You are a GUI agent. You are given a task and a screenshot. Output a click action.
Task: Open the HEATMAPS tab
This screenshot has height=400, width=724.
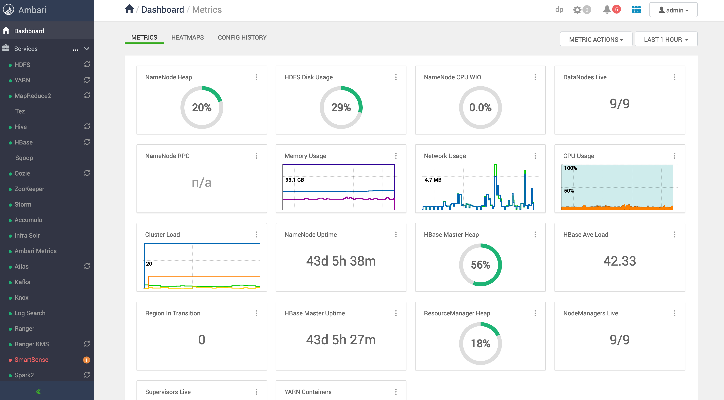187,37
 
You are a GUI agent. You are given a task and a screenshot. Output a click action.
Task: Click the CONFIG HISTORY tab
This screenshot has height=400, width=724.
242,37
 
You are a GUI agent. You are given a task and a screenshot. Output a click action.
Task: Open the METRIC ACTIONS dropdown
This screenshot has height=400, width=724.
596,39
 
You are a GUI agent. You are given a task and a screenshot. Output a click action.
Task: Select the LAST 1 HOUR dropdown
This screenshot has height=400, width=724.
666,39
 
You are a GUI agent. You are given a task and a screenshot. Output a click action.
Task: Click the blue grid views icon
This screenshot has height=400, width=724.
636,10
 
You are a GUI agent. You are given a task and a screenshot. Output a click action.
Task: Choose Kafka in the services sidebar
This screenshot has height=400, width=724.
23,282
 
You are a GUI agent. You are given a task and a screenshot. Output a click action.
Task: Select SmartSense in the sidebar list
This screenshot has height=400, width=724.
31,360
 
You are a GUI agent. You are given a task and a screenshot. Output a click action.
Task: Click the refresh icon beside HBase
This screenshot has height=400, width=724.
87,142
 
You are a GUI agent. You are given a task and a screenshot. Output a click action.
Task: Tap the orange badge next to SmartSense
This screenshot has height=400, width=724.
87,360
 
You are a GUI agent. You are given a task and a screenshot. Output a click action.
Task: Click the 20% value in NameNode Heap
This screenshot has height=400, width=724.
201,107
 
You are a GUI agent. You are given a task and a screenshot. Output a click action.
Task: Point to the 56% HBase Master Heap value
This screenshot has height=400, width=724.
480,265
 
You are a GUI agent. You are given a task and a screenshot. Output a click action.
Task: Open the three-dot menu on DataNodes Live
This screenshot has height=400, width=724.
674,77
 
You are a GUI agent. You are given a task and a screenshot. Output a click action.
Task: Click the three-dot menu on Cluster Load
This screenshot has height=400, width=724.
256,235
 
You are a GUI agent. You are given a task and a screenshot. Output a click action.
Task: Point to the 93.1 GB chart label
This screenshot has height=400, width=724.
295,180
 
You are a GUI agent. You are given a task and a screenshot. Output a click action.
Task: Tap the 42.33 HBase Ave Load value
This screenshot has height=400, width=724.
619,261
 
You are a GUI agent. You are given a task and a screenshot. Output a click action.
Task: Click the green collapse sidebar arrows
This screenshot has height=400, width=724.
38,391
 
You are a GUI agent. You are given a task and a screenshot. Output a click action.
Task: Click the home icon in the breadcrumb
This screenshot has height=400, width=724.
129,9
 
